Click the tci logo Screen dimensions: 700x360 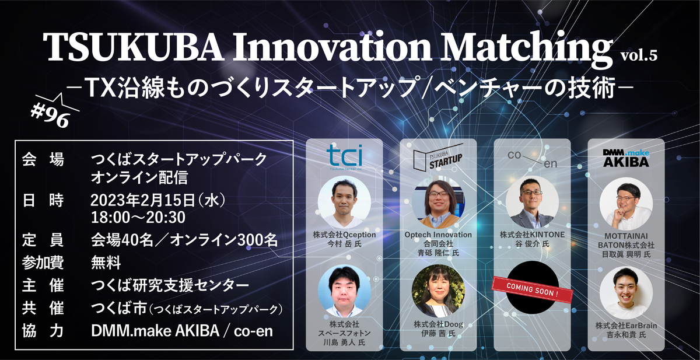pos(344,157)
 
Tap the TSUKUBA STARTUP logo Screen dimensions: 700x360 pos(438,157)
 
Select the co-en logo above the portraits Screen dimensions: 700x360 pos(532,159)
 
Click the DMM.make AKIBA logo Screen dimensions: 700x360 pos(626,158)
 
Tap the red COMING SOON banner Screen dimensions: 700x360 pos(533,290)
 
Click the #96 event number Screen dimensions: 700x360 pos(50,116)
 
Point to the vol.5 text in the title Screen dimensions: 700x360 pos(639,55)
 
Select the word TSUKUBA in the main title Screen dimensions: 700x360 pos(134,46)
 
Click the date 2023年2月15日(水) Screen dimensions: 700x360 pos(158,200)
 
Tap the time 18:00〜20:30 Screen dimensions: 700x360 pos(138,218)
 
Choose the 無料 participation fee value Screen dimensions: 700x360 pos(106,262)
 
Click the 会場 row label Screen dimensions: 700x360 pos(43,159)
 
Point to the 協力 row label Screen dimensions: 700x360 pos(43,331)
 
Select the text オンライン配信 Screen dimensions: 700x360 pos(139,177)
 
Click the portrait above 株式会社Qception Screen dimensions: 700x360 pos(344,202)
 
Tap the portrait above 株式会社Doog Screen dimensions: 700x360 pos(438,291)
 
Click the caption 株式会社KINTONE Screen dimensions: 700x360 pos(532,235)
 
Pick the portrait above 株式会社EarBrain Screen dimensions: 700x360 pos(626,292)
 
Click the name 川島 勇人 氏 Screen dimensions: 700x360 pos(344,342)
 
